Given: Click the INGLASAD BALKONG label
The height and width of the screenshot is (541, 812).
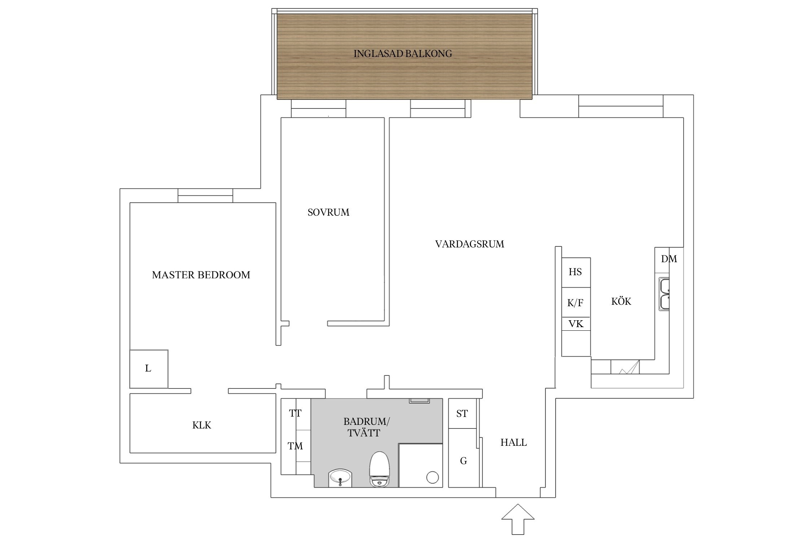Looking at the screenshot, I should [402, 54].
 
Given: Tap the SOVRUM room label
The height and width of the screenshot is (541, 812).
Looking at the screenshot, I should [328, 212].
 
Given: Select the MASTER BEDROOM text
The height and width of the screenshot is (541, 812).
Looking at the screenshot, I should [201, 275].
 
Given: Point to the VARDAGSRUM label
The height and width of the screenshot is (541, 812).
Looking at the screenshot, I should [469, 244].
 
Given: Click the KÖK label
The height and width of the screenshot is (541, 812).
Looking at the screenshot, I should [621, 302].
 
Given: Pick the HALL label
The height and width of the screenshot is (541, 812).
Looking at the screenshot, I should [513, 442].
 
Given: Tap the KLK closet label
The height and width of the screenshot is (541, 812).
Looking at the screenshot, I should [201, 425].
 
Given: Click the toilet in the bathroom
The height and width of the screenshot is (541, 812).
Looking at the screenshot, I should [379, 470].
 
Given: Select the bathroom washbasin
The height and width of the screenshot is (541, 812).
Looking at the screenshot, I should [340, 478].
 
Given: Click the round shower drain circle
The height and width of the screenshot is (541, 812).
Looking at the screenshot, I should [432, 478].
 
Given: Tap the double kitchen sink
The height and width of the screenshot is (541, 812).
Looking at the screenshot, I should [664, 294].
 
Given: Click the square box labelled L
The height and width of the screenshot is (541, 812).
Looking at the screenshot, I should [149, 369].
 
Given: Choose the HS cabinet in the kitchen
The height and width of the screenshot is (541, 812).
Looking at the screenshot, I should [576, 272].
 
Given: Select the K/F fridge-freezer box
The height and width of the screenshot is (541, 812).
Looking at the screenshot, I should [576, 303].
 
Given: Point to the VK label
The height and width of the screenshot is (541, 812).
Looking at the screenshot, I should [576, 324].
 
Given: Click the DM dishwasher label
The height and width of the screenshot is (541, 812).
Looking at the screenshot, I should [669, 259].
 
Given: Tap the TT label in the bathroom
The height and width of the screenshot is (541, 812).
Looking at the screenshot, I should [295, 413].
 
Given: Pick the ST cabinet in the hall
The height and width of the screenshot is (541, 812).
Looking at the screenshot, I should [462, 414].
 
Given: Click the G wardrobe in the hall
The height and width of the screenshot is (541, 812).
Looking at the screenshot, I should [463, 461].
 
